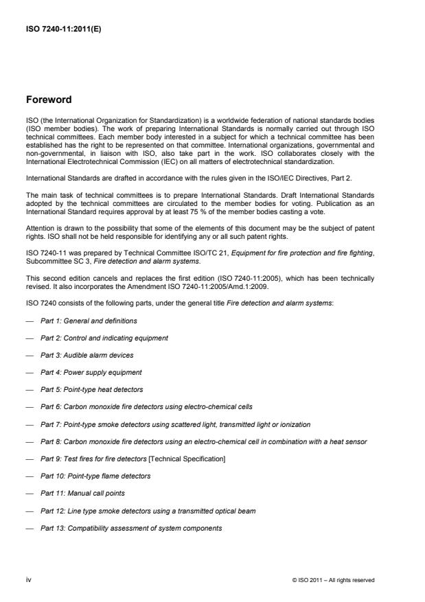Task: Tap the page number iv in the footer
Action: [28, 580]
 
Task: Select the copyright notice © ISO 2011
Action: [333, 581]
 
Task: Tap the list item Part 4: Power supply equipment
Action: [91, 372]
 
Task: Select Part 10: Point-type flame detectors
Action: [95, 476]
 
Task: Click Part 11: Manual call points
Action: [82, 493]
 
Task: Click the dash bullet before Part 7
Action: [31, 424]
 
